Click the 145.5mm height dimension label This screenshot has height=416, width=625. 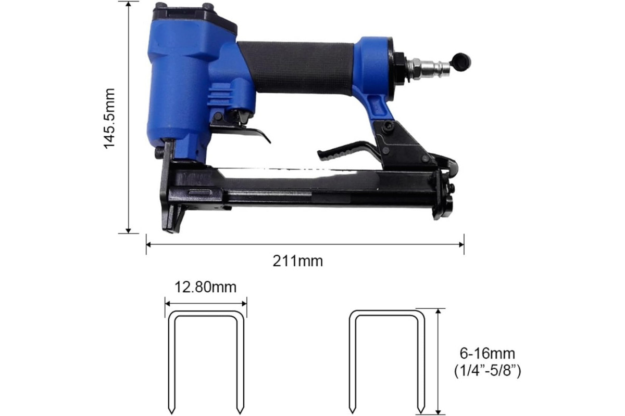(x=109, y=119)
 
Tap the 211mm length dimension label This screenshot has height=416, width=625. (x=298, y=262)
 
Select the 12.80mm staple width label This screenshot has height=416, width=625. (x=205, y=287)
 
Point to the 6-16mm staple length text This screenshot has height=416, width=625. (x=487, y=354)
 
